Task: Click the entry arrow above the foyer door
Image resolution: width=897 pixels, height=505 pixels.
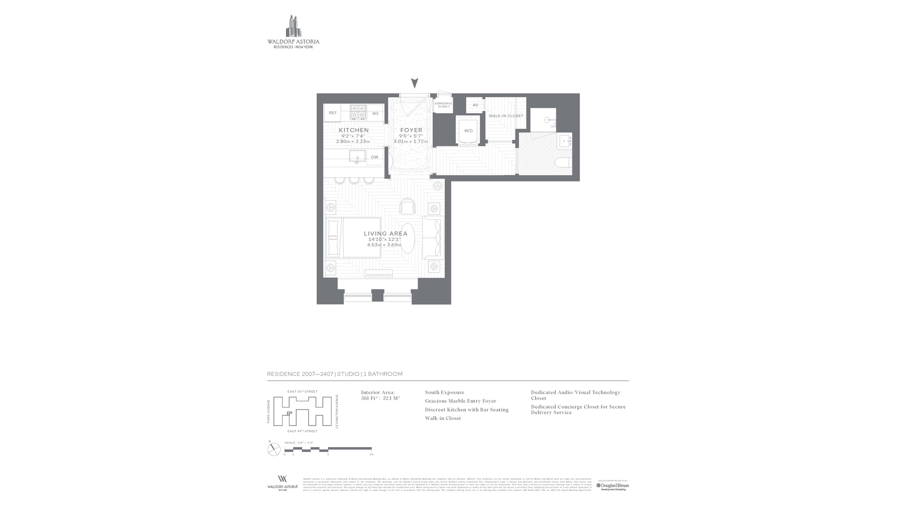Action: pos(414,83)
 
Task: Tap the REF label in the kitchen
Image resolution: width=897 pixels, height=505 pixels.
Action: pos(333,113)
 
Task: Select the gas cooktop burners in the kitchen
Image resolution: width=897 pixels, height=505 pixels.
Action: pos(358,112)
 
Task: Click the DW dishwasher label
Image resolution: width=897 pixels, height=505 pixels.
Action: pos(375,157)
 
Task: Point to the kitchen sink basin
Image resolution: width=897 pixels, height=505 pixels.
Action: pos(357,156)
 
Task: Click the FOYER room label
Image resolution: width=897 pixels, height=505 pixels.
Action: pos(411,130)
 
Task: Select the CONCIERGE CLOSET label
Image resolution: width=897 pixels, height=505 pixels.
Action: pos(443,105)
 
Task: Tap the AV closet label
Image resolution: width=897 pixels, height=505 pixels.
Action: pos(475,105)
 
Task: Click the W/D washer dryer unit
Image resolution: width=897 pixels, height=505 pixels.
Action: pos(468,130)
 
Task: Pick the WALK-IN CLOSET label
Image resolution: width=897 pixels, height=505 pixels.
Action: pos(506,116)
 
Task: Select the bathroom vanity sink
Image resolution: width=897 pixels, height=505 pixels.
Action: pos(564,140)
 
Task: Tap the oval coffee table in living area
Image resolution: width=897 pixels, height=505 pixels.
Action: pos(407,238)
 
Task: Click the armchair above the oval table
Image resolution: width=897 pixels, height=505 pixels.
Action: pos(407,206)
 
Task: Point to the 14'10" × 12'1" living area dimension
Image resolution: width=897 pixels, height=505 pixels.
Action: pos(384,239)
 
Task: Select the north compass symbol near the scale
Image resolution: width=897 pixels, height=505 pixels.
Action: pos(274,449)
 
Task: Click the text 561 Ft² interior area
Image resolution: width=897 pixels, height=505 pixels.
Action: pos(369,398)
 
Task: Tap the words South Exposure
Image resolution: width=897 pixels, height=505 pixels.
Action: pos(444,392)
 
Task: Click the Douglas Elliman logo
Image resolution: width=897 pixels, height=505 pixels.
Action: pos(612,486)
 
